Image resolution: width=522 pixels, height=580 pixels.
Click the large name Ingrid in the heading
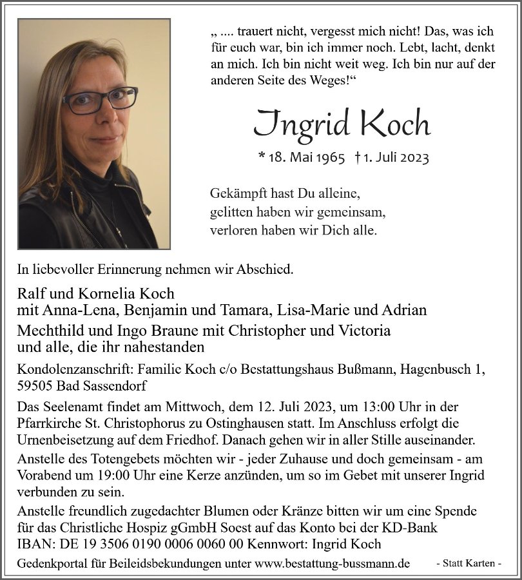300,122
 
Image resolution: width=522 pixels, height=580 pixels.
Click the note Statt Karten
469,564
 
